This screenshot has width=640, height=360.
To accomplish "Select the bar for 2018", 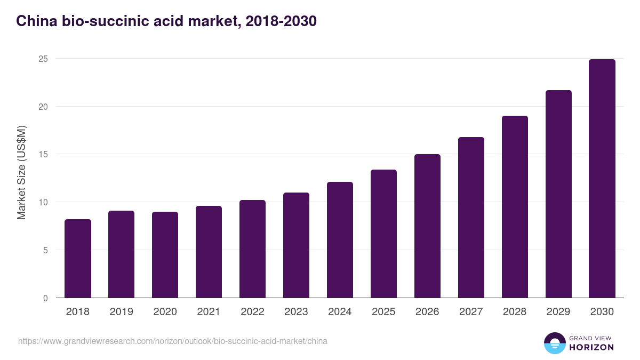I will [x=78, y=259].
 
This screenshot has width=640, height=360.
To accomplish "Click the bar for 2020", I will [x=165, y=255].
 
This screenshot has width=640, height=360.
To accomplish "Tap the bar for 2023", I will [x=296, y=245].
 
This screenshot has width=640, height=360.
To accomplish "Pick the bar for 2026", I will [x=427, y=226].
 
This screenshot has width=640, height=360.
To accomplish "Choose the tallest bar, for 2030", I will [x=602, y=179].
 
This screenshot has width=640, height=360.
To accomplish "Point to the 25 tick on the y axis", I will [x=43, y=59].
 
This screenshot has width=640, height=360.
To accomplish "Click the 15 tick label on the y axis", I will [x=43, y=155].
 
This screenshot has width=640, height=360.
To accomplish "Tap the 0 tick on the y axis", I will [x=45, y=298].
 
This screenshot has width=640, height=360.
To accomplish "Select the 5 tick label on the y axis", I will [x=45, y=250].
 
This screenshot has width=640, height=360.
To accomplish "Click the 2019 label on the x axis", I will [x=121, y=312].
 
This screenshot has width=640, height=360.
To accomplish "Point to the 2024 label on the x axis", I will [x=340, y=312].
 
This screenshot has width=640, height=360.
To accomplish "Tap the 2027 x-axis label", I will [x=471, y=312].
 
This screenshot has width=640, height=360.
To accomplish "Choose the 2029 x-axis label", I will [x=558, y=312].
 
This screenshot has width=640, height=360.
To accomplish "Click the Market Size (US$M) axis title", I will [x=21, y=173].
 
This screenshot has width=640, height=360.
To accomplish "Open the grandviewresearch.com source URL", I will [x=173, y=341].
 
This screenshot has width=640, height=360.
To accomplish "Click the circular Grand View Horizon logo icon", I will [x=555, y=343].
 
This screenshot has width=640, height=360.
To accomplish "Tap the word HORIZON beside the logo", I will [x=591, y=347].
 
